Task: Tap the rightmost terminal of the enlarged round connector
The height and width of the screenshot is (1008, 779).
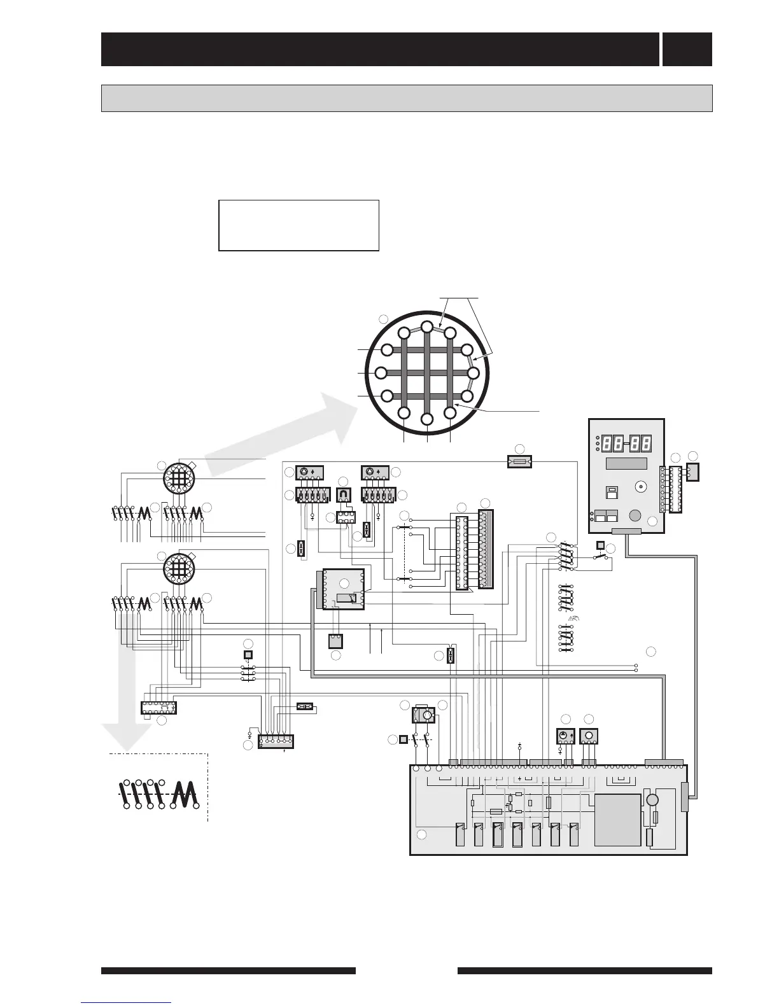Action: pos(474,373)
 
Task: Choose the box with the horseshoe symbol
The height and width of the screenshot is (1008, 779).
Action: pos(344,494)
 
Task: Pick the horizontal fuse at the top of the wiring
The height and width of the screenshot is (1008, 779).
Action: pos(519,461)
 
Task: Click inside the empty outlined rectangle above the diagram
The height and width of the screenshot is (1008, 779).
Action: pos(298,225)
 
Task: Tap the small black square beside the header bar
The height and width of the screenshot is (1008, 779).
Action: pos(687,49)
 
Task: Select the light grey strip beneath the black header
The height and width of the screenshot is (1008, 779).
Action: pos(406,98)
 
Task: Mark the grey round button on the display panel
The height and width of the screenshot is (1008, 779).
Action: pos(635,516)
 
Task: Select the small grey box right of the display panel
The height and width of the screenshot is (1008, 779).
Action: pos(692,472)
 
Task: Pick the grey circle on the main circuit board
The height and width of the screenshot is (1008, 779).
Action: pos(652,801)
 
